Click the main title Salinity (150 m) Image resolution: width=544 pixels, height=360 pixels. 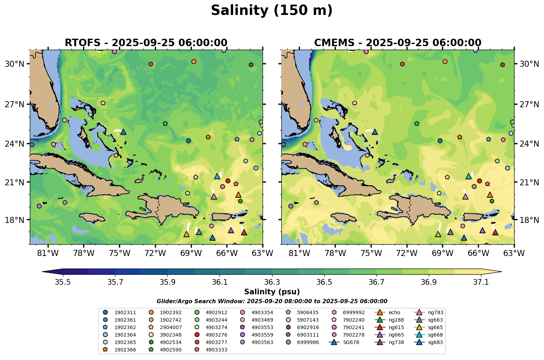coord(271,11)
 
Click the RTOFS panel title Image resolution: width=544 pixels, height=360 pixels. coord(146,43)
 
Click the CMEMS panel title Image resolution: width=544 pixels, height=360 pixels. coord(398,43)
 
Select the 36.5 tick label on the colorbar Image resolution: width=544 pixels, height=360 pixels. coord(324,282)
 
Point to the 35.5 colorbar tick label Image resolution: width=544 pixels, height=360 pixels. coord(63,282)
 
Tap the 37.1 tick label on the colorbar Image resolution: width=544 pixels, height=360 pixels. coord(481,282)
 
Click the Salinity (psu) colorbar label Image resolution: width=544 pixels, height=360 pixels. coord(272,292)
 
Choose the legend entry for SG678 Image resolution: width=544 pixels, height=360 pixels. coord(349,342)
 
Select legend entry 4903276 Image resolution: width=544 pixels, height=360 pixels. coord(217,335)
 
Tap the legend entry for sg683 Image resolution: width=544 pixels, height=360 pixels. coord(435,342)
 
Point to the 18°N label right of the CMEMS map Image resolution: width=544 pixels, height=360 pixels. coord(529,220)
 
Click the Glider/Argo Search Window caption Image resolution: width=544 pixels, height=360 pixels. coord(272,301)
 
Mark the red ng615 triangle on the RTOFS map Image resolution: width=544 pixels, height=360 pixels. coord(244,232)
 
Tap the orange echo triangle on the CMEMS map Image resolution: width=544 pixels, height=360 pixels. coord(490,195)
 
